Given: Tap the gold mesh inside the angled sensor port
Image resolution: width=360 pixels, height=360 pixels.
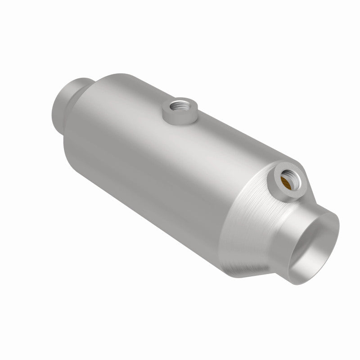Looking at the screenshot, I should [x=287, y=181].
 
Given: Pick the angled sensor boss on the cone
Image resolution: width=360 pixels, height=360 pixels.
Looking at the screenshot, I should [x=285, y=182].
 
